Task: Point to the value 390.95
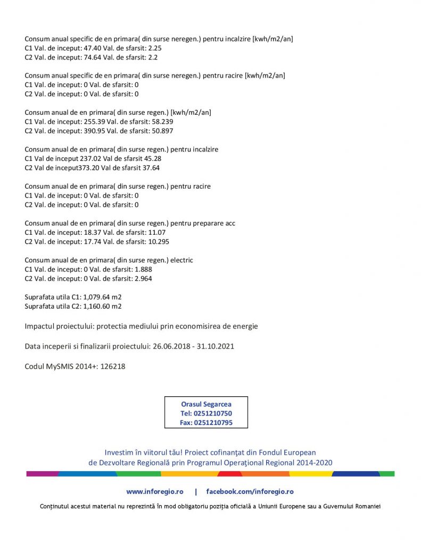88,131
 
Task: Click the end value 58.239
162,122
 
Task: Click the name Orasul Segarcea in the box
206,404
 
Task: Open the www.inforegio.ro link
155,492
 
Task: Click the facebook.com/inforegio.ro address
250,492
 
